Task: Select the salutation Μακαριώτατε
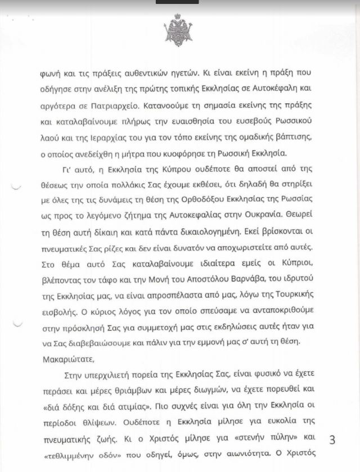(67, 358)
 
